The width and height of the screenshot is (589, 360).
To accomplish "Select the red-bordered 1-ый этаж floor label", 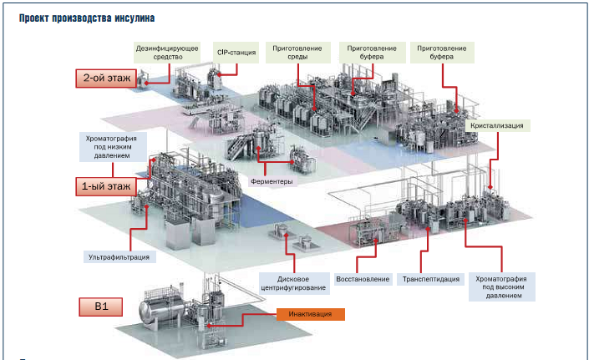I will (106, 186).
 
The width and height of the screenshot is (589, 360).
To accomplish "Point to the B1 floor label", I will (101, 307).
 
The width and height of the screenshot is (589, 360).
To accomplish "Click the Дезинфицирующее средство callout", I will (167, 53).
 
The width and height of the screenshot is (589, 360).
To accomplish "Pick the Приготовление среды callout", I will (293, 53).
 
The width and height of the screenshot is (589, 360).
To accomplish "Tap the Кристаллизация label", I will (498, 125).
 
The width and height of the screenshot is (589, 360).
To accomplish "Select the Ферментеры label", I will (271, 180).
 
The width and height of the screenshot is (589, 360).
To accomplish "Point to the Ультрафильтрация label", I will (119, 256).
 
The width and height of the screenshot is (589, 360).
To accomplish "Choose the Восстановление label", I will (362, 278).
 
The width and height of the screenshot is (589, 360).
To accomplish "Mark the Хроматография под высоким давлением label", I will (505, 283).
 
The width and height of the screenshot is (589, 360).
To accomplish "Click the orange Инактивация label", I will (310, 314).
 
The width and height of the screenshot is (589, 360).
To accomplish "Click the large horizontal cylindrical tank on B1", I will (161, 310).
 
